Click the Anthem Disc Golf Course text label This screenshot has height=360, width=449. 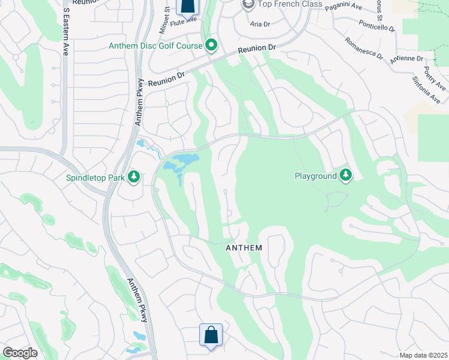pos(155,46)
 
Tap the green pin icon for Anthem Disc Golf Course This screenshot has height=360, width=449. pos(211,45)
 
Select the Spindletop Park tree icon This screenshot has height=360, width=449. pos(134,176)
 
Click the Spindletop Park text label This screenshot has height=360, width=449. pos(96,178)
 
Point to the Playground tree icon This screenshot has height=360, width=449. pos(345,175)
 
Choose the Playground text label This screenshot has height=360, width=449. pos(315,176)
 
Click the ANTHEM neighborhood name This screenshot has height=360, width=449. pos(243,248)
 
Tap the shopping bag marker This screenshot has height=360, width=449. pos(211,335)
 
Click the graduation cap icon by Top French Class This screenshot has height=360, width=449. pos(248,5)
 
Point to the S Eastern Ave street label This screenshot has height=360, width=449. pos(64,24)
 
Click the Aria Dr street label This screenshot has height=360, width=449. pos(260,24)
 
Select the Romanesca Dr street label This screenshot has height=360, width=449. pos(363,49)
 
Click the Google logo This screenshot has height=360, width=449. pos(20,352)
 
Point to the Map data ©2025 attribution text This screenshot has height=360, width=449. pos(423,355)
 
